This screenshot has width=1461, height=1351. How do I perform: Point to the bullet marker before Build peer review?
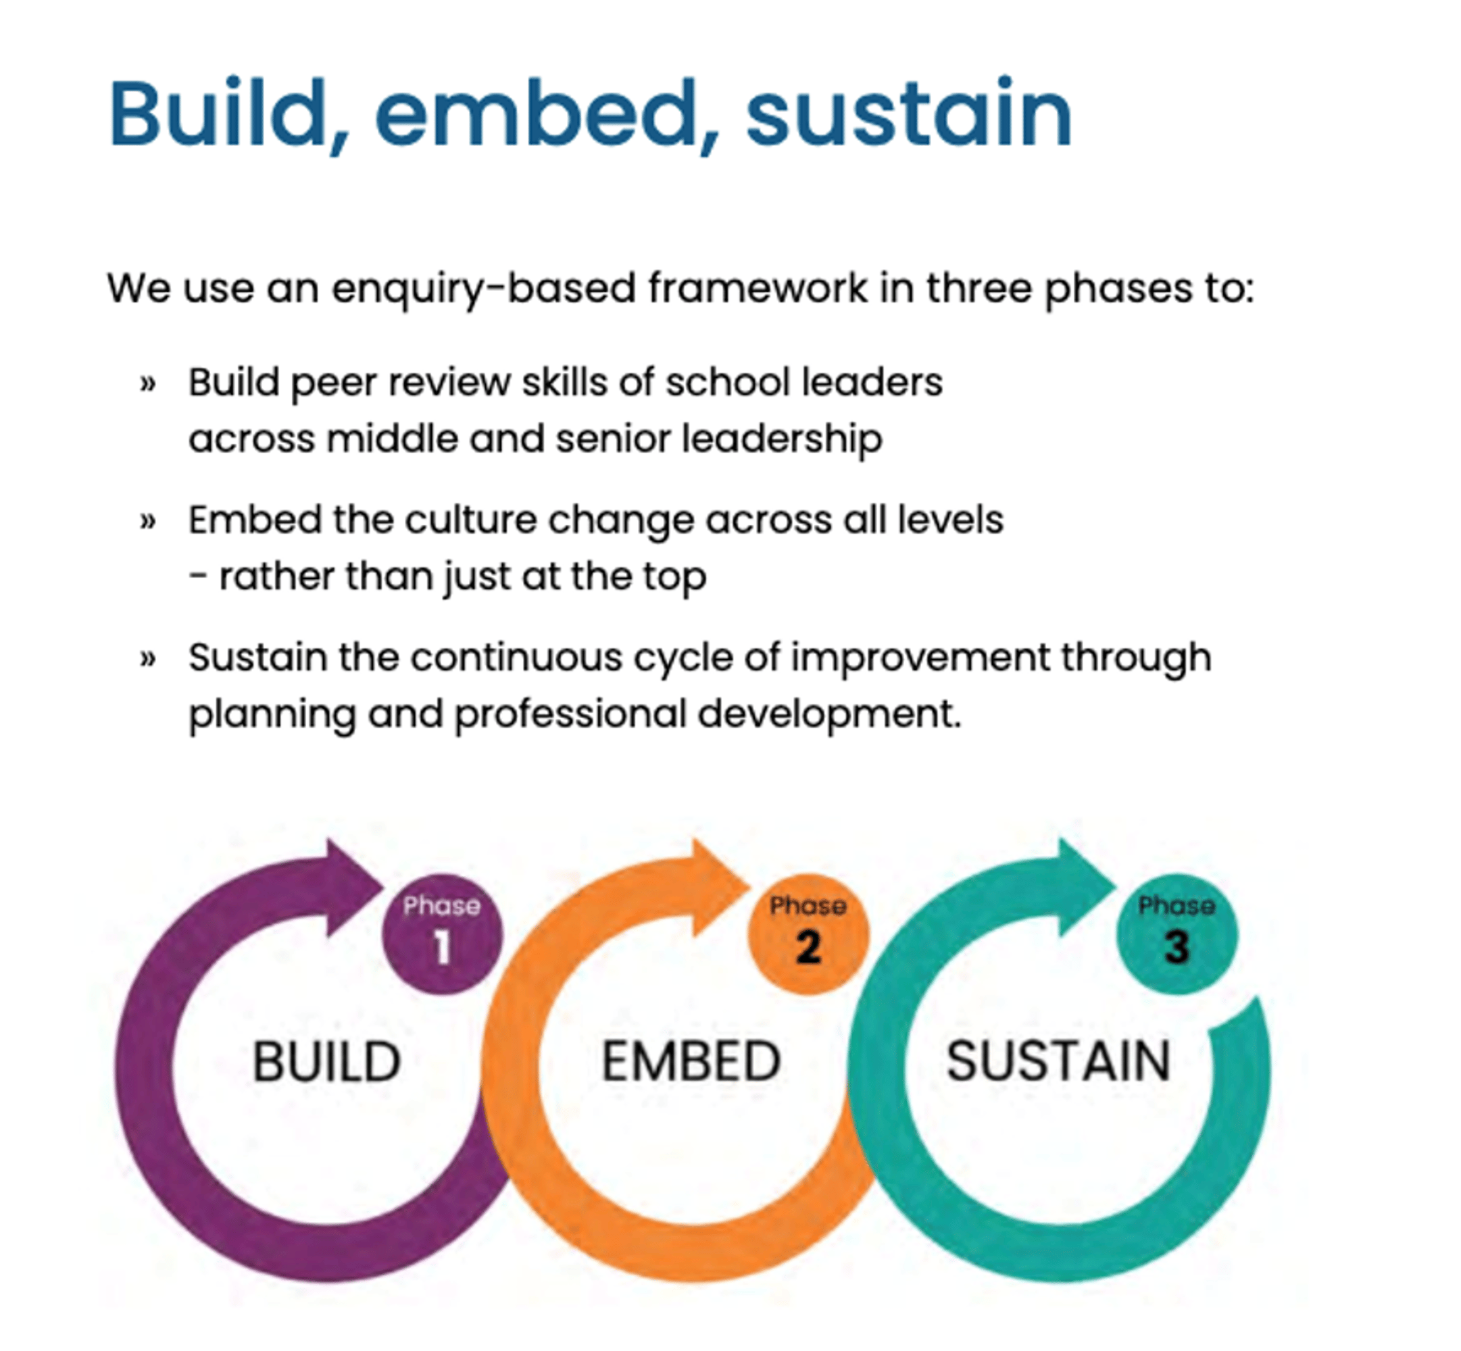click(x=148, y=383)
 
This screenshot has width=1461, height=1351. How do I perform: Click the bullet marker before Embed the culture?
click(x=148, y=521)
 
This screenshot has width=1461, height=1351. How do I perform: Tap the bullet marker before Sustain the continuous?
click(x=148, y=659)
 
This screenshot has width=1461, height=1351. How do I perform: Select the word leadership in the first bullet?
click(x=782, y=439)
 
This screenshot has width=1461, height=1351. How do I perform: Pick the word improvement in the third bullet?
click(x=920, y=658)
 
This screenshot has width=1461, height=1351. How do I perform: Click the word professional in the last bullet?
click(x=570, y=714)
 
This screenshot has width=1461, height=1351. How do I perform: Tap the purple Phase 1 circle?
click(x=443, y=934)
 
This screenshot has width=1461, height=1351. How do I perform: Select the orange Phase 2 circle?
click(x=808, y=934)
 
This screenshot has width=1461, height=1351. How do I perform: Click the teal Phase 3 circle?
click(x=1177, y=934)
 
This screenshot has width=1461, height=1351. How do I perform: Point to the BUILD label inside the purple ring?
click(x=326, y=1061)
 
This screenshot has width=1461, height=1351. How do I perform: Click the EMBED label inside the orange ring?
click(x=691, y=1061)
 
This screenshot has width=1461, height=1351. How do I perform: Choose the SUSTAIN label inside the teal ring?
click(x=1058, y=1061)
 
